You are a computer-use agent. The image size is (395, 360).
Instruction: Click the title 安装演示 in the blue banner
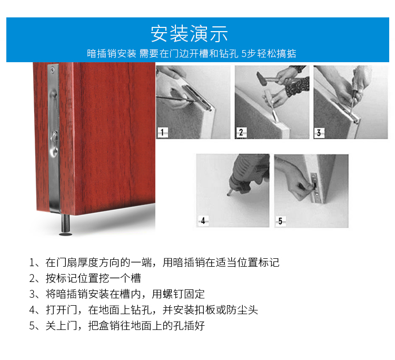click(189, 34)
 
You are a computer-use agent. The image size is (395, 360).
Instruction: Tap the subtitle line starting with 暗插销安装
click(192, 53)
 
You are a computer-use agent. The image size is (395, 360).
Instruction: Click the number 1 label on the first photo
click(162, 132)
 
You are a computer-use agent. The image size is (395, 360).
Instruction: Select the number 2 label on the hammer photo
click(241, 132)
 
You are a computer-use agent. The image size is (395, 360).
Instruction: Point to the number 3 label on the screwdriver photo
click(319, 133)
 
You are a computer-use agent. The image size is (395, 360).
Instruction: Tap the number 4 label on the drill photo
click(203, 221)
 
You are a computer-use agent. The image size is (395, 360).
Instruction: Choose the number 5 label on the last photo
click(280, 221)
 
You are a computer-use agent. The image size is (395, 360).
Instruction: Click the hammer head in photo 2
click(261, 78)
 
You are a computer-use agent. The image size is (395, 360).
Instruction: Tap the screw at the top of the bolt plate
click(52, 69)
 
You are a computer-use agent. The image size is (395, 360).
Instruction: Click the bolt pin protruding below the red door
click(66, 223)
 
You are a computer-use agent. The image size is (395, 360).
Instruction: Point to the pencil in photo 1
click(176, 99)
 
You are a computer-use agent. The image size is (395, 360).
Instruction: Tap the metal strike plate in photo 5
click(314, 187)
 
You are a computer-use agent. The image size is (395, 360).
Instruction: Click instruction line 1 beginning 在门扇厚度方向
click(154, 262)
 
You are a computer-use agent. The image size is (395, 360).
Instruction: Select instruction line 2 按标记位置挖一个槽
click(85, 278)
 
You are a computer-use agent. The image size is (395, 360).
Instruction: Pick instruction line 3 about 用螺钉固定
click(117, 294)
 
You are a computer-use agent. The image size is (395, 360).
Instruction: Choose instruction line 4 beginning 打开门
click(143, 310)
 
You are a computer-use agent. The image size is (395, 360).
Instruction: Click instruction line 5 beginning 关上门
click(117, 326)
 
